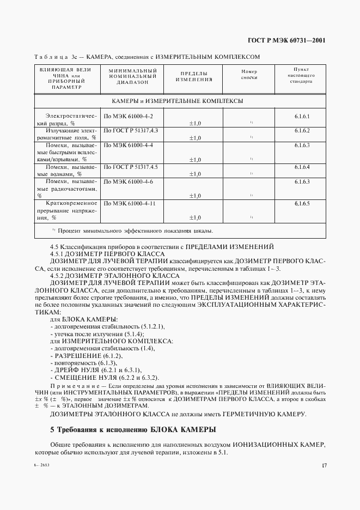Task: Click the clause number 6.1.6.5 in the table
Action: [x=302, y=203]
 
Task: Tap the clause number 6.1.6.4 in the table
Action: [x=302, y=167]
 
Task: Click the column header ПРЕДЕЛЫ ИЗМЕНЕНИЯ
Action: [x=193, y=76]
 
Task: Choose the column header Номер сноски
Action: [x=248, y=75]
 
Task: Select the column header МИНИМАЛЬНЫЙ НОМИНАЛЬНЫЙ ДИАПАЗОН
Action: [x=132, y=78]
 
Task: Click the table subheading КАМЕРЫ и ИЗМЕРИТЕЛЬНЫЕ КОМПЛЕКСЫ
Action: [x=177, y=101]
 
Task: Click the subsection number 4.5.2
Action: [x=59, y=275]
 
